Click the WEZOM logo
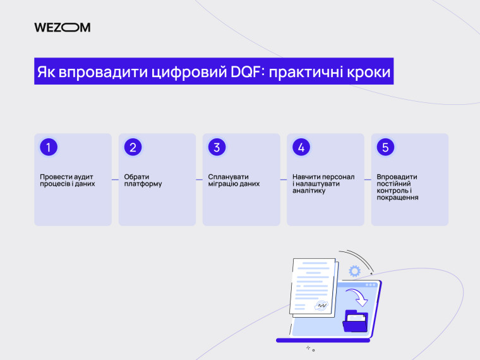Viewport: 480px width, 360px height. click(x=62, y=27)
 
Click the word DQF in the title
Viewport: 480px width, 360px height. click(x=245, y=71)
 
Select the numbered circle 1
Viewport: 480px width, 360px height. click(x=49, y=147)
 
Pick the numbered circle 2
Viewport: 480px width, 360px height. click(x=133, y=147)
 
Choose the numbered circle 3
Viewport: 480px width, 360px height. click(x=217, y=147)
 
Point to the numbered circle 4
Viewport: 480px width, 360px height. click(x=301, y=147)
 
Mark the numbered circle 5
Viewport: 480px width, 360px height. click(x=385, y=147)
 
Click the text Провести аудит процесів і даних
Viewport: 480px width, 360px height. click(x=67, y=181)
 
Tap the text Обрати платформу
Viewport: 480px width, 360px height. click(x=143, y=181)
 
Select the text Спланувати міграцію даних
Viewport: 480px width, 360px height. click(x=234, y=181)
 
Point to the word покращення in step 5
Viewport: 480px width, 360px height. click(x=397, y=198)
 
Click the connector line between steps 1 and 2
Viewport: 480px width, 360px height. click(x=115, y=179)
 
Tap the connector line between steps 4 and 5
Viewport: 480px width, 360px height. click(x=368, y=179)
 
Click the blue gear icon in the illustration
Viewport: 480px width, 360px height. click(x=354, y=271)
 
